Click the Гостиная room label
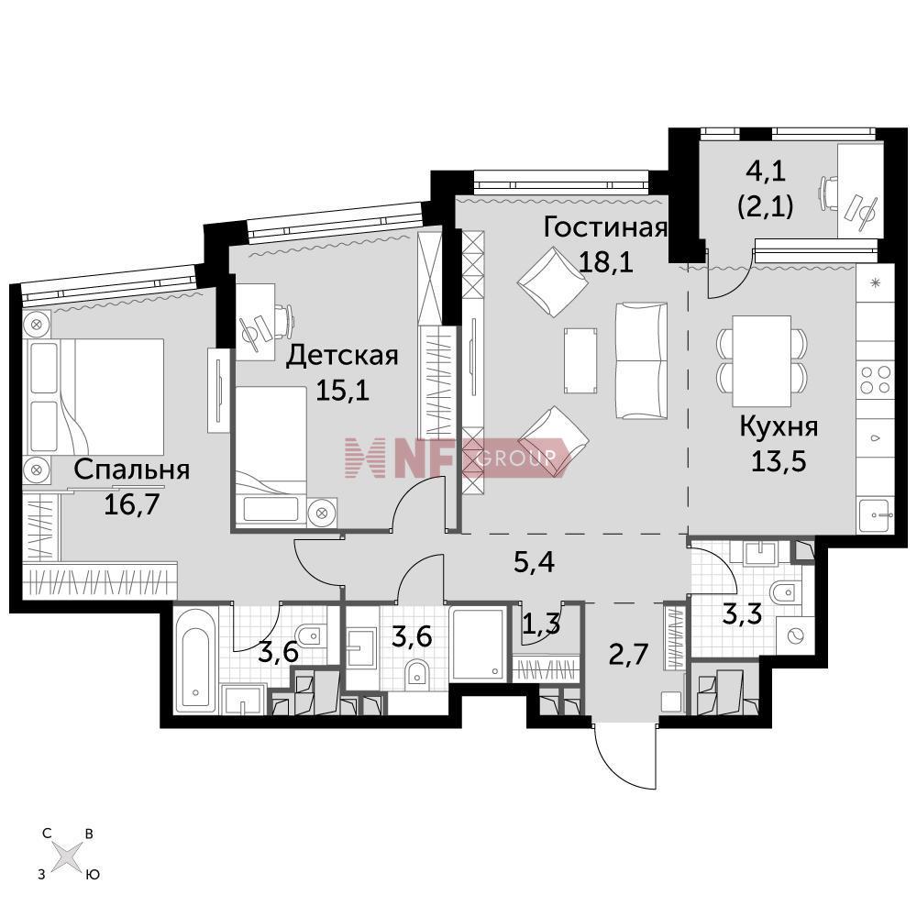click(x=605, y=227)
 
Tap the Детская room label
click(x=341, y=356)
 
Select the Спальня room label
click(x=132, y=470)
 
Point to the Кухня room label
click(x=779, y=427)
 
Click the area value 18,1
click(x=605, y=262)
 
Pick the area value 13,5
click(x=779, y=461)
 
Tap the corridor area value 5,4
click(x=534, y=562)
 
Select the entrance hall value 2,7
click(x=628, y=654)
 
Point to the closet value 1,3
click(x=541, y=624)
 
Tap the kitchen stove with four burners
click(x=876, y=380)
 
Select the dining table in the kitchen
click(x=761, y=360)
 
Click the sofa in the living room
click(x=642, y=360)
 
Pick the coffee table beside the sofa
click(x=580, y=360)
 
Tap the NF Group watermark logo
click(x=456, y=457)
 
